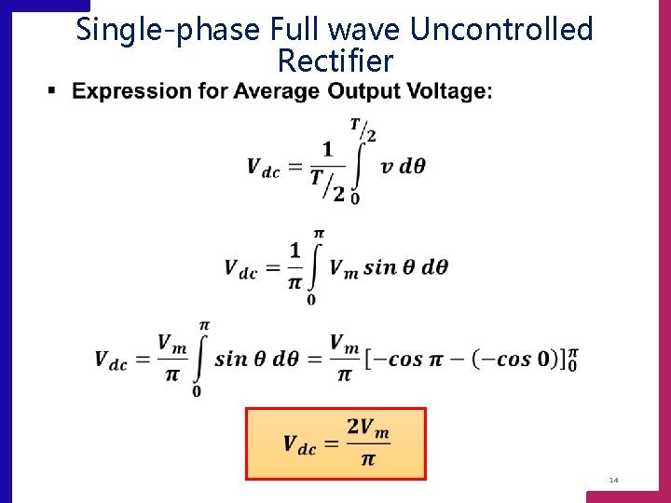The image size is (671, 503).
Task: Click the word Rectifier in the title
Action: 335,62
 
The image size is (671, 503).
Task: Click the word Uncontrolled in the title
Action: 501,30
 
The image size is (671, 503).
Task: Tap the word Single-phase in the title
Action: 168,30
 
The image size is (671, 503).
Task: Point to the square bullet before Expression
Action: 52,90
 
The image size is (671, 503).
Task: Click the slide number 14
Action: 613,480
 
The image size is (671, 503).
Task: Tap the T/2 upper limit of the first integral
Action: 363,129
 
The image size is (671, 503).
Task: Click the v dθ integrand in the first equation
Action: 403,168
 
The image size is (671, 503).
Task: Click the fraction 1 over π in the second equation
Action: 295,265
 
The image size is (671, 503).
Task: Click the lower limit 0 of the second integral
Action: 310,299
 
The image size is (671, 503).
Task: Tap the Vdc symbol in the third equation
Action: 111,360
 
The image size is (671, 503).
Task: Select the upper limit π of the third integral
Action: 204,324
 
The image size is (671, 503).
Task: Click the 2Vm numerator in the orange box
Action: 367,428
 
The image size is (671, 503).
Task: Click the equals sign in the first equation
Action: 294,168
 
